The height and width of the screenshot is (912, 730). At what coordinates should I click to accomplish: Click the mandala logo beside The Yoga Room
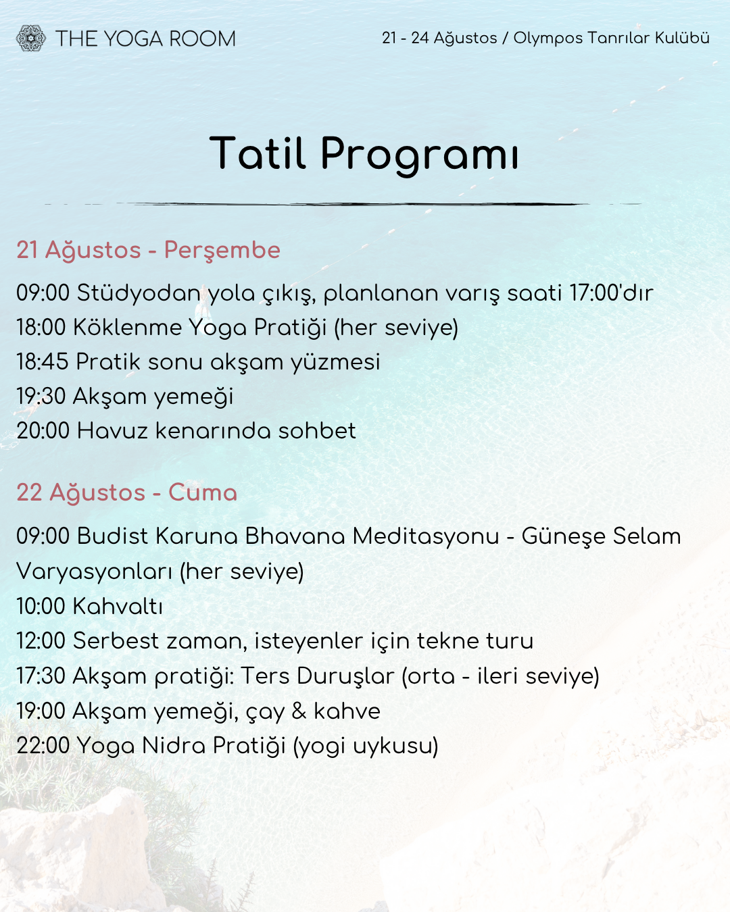30,38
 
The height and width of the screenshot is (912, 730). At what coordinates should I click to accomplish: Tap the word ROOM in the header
202,39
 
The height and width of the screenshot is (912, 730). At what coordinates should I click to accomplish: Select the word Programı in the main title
420,153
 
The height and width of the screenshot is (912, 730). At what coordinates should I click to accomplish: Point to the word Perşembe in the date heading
222,251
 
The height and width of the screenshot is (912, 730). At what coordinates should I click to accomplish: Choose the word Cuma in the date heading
203,493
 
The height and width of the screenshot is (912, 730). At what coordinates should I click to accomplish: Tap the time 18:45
43,362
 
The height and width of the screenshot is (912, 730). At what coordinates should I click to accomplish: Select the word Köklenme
128,328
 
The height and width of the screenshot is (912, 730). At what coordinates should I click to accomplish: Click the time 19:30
41,397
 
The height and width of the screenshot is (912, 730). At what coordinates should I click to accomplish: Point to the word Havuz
112,432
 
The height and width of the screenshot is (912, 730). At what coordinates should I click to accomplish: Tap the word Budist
112,536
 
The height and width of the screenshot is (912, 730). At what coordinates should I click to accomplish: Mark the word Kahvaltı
118,607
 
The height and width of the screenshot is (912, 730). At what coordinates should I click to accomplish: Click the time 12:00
41,641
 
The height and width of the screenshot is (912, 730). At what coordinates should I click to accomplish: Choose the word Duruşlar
345,676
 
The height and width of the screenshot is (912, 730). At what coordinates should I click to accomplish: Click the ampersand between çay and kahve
299,711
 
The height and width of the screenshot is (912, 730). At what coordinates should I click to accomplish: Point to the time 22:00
43,746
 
